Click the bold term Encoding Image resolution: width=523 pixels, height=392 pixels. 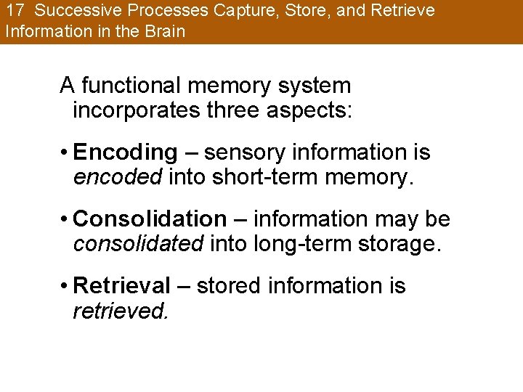(x=125, y=153)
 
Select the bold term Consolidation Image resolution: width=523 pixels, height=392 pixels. (x=150, y=219)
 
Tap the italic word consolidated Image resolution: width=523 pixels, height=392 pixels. (x=138, y=244)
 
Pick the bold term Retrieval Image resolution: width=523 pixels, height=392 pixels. (x=122, y=286)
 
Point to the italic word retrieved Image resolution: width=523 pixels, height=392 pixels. (x=121, y=311)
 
